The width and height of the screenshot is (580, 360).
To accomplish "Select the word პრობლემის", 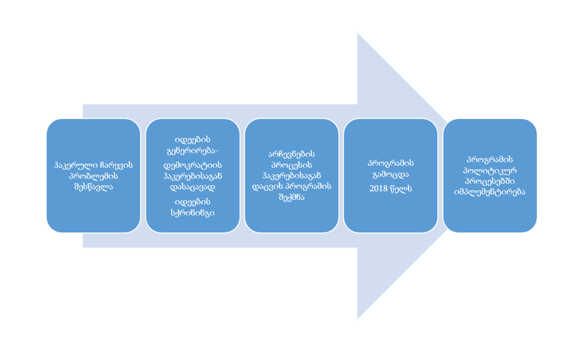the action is click(x=93, y=176).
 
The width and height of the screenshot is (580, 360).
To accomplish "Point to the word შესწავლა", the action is click(x=93, y=187).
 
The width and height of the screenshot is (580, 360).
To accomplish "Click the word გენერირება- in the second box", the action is click(x=193, y=151).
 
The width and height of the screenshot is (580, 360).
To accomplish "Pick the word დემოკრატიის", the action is click(x=193, y=165).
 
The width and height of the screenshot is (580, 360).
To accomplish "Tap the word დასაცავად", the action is click(x=193, y=187).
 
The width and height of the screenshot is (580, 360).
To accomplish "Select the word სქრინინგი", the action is click(x=193, y=213).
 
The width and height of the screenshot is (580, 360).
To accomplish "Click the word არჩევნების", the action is click(x=291, y=154).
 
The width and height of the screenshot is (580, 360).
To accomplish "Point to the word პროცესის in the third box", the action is click(x=291, y=165).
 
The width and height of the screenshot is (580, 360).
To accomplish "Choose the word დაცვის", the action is click(x=267, y=187).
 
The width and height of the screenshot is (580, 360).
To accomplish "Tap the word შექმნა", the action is click(x=291, y=198).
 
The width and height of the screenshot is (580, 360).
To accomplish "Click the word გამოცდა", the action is click(x=391, y=175).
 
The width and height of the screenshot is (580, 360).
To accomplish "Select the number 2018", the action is click(x=378, y=188).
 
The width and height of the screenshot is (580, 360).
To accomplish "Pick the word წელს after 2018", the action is click(x=401, y=188).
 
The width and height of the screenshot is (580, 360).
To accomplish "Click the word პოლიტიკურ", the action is click(x=490, y=171).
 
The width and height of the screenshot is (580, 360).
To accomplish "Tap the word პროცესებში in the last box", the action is click(x=490, y=181).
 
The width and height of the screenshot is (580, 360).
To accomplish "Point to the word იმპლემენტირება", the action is click(x=490, y=192).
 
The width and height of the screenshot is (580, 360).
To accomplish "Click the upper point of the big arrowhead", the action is click(x=358, y=33).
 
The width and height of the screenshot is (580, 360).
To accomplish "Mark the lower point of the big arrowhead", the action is click(x=358, y=319).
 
